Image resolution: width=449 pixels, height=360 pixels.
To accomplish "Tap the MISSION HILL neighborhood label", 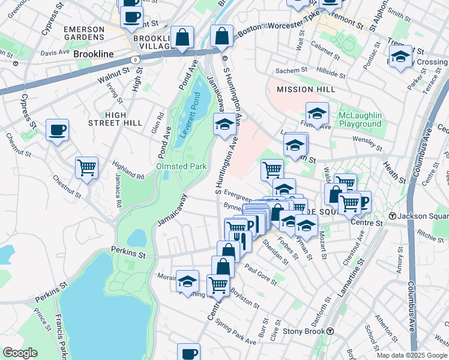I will click(x=304, y=89).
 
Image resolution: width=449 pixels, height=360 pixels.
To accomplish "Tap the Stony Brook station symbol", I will click(x=330, y=331).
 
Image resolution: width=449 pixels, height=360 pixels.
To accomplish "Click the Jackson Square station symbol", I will click(x=393, y=216).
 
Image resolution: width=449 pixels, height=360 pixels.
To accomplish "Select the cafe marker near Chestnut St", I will click(x=58, y=130).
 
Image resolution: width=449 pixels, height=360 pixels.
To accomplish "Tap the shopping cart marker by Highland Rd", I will click(x=87, y=167).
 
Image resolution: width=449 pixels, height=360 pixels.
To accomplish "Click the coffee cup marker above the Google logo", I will click(x=188, y=353).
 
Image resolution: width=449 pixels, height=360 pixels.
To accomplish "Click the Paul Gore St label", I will click(x=261, y=274).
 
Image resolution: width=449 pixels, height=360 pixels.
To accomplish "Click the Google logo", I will click(x=20, y=353).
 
